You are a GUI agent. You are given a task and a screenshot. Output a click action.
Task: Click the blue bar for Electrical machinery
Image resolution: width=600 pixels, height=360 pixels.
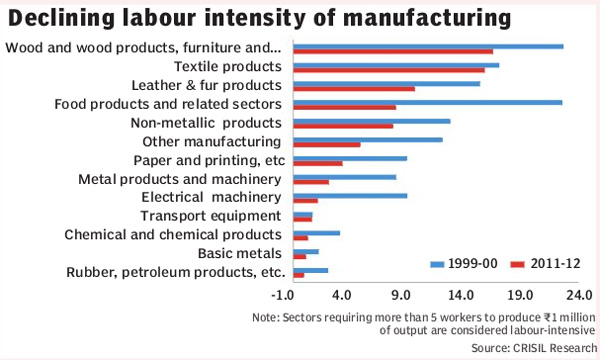pyautogui.click(x=349, y=195)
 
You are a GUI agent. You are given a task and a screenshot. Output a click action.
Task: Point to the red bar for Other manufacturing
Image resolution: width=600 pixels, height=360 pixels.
pyautogui.click(x=326, y=144)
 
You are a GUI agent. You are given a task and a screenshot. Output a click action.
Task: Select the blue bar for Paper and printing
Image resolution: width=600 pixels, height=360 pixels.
pyautogui.click(x=349, y=158)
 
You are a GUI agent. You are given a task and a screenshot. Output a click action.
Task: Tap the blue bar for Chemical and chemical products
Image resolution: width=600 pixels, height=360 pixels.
pyautogui.click(x=316, y=232)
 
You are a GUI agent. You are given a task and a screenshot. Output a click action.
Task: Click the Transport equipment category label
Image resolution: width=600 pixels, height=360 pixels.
pyautogui.click(x=209, y=216)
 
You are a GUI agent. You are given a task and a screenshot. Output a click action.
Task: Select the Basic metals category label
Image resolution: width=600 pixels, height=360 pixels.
pyautogui.click(x=241, y=253)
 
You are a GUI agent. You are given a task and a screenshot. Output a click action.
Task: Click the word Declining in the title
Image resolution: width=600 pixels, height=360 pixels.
pyautogui.click(x=63, y=18)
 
